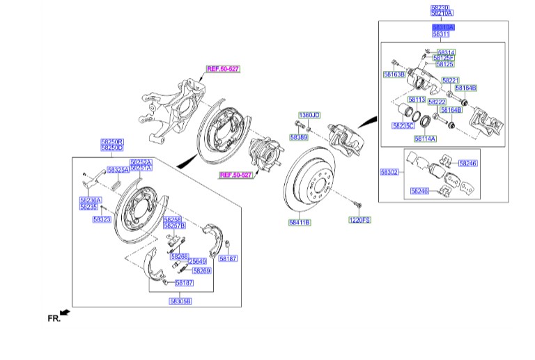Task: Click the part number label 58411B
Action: click(x=300, y=223)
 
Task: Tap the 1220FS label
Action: click(x=360, y=220)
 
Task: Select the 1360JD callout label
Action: click(x=309, y=114)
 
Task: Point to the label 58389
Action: click(x=300, y=138)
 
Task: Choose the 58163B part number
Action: click(x=394, y=73)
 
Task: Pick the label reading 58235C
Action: click(x=403, y=125)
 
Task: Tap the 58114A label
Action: click(x=424, y=139)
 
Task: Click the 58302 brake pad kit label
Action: click(x=389, y=171)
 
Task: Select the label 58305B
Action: click(x=180, y=301)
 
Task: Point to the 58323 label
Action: click(x=102, y=219)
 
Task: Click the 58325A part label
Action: click(x=117, y=170)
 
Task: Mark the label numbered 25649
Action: click(x=197, y=262)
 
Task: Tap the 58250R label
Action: click(x=111, y=141)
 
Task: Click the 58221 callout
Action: click(x=450, y=80)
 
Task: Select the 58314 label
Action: click(x=446, y=52)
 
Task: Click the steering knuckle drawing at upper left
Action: click(x=171, y=104)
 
